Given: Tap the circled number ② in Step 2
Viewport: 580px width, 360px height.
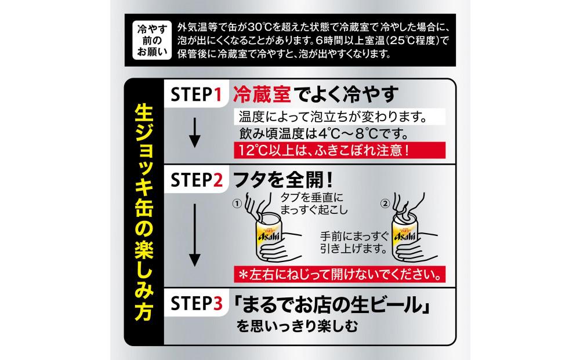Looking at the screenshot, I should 386,204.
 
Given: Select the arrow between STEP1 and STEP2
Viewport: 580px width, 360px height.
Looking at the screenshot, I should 195,133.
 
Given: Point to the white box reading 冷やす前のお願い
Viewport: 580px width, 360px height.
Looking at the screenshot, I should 148,41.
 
